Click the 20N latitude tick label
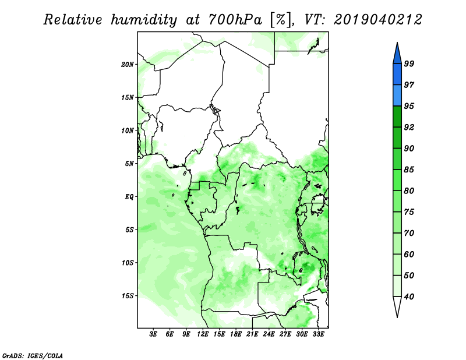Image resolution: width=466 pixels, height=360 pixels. (x=127, y=65)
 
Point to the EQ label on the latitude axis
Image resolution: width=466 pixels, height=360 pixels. (x=129, y=197)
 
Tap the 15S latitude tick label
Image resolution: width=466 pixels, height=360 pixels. (x=128, y=296)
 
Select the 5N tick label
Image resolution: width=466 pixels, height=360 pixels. (x=129, y=164)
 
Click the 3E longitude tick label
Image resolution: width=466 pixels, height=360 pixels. (x=153, y=334)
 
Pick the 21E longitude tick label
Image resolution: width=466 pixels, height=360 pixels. (x=252, y=334)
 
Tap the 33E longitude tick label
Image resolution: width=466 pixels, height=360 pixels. (x=318, y=334)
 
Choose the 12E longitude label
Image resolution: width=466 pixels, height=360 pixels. (x=203, y=334)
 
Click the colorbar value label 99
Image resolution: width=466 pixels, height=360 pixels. (x=409, y=63)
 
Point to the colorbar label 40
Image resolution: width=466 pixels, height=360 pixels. (x=409, y=297)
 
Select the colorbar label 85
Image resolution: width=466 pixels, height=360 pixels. (x=409, y=170)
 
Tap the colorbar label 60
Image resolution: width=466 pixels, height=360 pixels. (x=409, y=254)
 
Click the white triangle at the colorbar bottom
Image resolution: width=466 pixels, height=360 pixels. (x=397, y=306)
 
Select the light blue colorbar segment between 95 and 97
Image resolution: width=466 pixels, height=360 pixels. (x=397, y=96)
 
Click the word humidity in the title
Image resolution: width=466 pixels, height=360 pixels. (x=144, y=20)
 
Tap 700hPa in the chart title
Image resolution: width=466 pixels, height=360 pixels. (x=235, y=20)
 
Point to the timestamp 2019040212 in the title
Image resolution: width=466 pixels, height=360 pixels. (x=377, y=20)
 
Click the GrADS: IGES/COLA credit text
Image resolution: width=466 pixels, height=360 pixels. (x=33, y=356)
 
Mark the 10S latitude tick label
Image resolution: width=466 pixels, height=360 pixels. (x=128, y=263)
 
